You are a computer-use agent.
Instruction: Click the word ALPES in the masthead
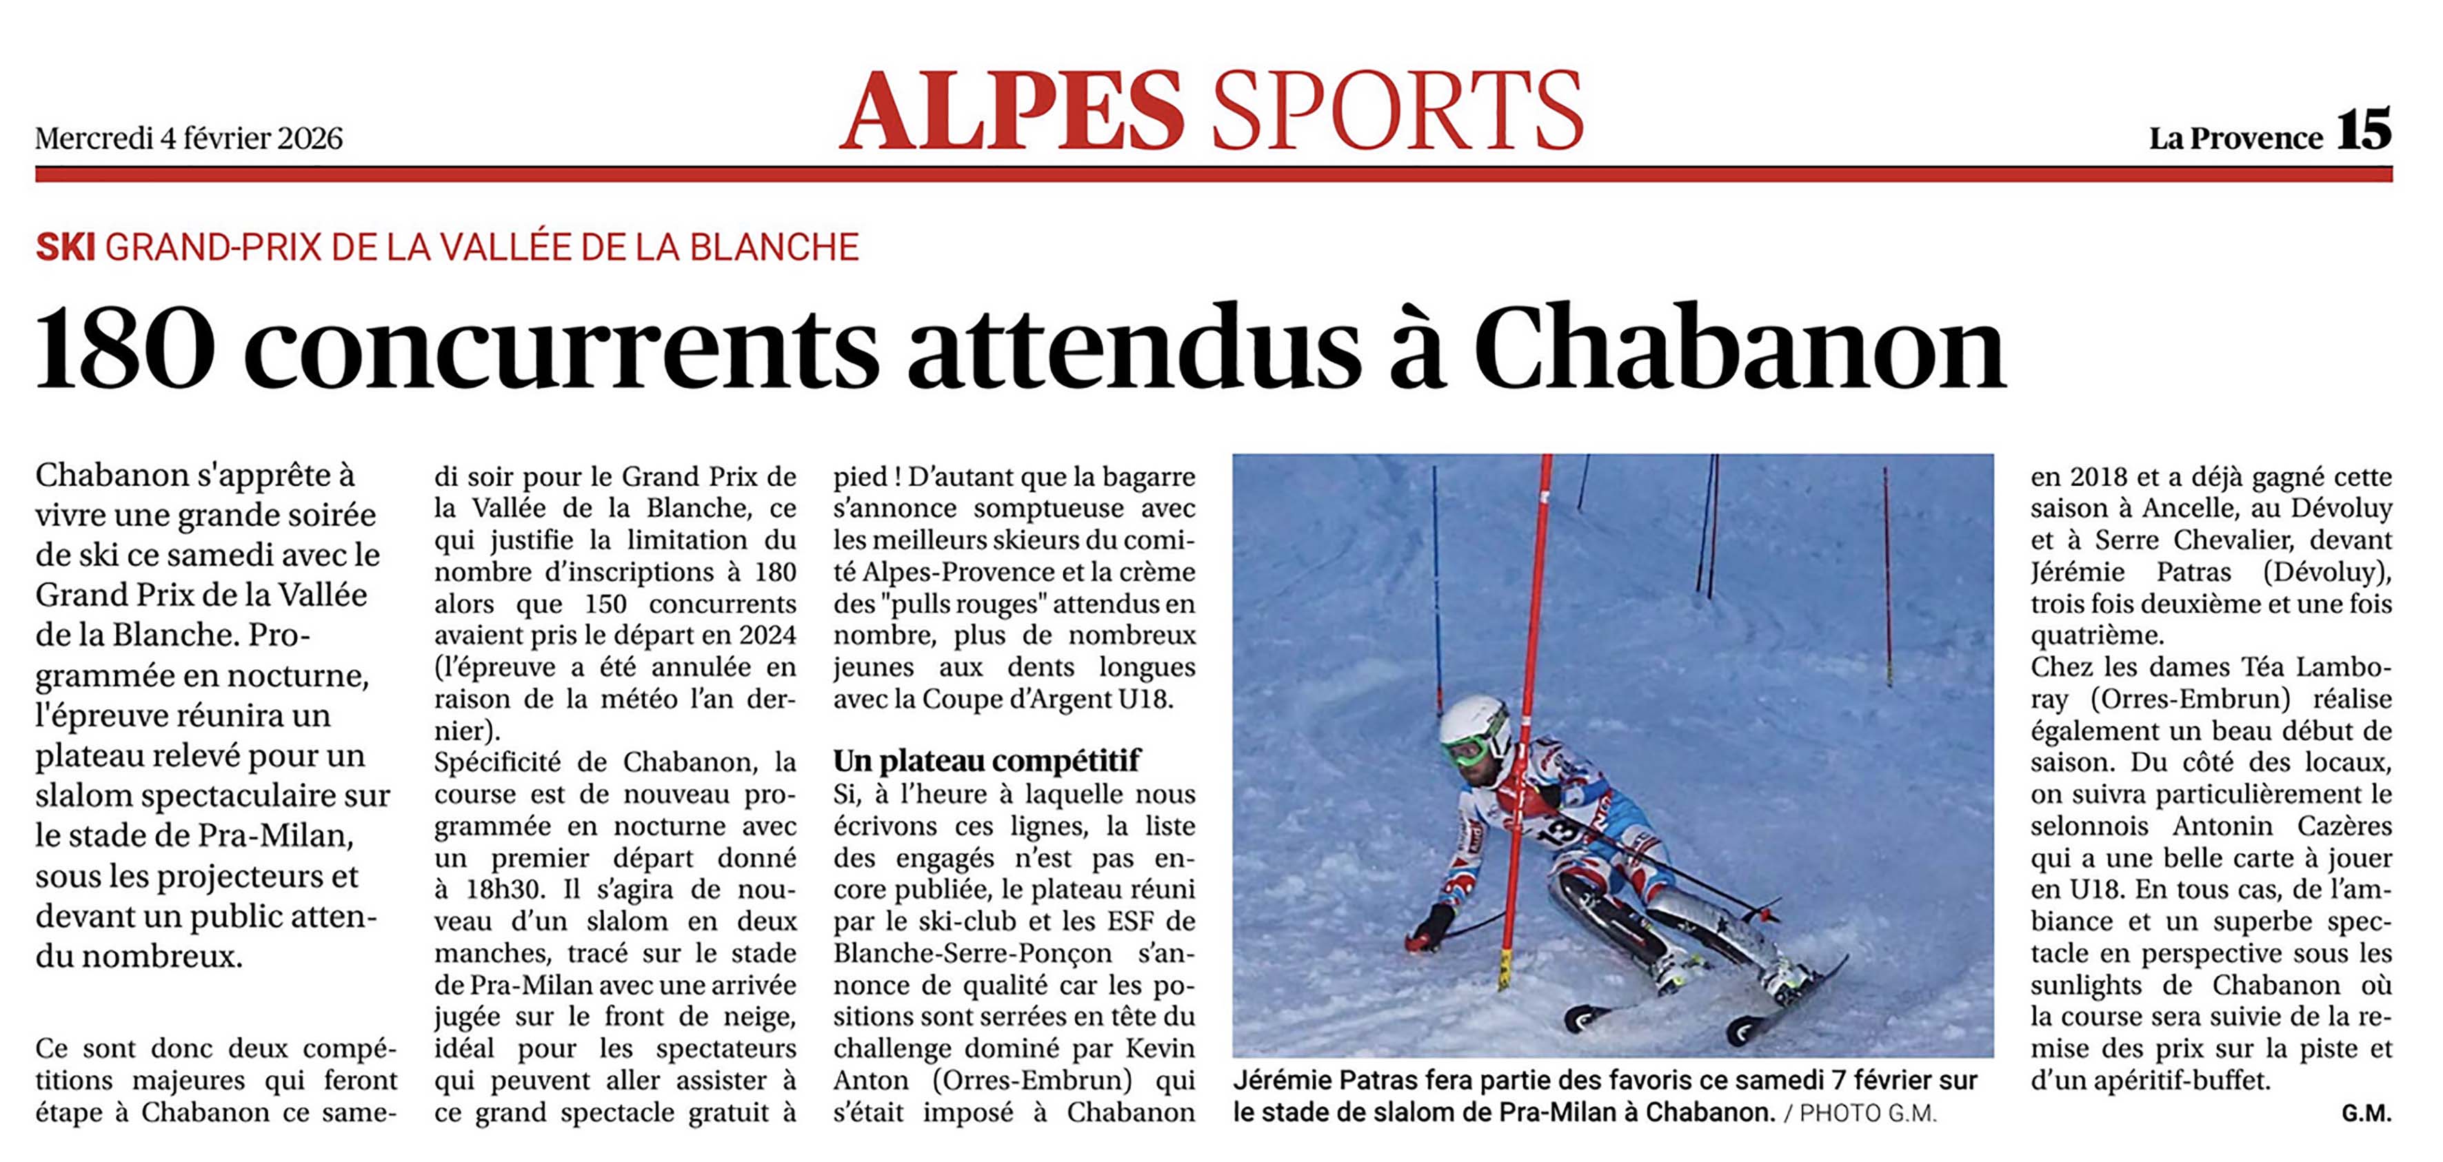tap(1012, 111)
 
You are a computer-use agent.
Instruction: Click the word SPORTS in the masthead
tap(1397, 111)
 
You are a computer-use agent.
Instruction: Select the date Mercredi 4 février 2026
tap(189, 139)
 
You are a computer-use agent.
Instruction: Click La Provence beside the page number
tap(2235, 139)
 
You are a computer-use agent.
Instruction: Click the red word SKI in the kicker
tap(66, 247)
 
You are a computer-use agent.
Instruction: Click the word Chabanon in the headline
tap(1739, 348)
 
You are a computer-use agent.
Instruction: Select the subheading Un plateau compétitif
tap(986, 760)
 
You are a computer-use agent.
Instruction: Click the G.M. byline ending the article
tap(2366, 1114)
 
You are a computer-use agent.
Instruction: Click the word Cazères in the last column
tap(2344, 826)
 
